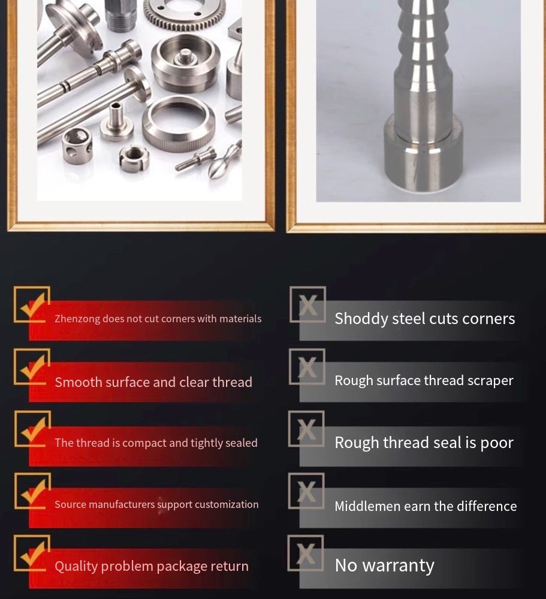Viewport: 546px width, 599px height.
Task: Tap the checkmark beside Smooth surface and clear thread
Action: pos(34,367)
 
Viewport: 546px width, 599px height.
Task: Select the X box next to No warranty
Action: pos(306,553)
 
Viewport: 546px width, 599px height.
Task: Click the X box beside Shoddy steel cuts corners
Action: pos(308,304)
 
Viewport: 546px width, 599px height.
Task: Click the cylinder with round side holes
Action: pos(77,145)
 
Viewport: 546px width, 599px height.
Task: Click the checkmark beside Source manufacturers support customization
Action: pos(34,492)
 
